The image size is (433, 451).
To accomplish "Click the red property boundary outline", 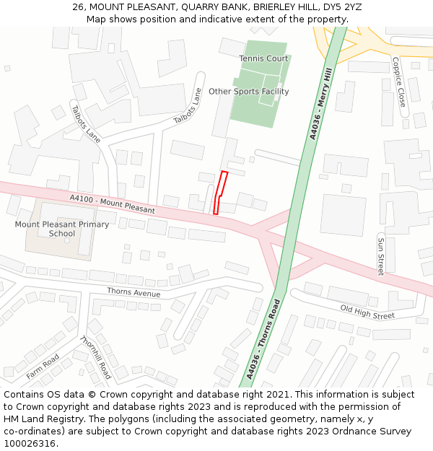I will pyautogui.click(x=220, y=193).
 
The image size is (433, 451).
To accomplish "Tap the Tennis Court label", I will pyautogui.click(x=263, y=58).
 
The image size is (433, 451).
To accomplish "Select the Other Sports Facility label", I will pyautogui.click(x=248, y=92).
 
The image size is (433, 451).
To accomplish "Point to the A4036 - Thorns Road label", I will pyautogui.click(x=262, y=338).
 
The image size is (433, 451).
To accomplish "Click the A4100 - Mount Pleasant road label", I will pyautogui.click(x=112, y=204).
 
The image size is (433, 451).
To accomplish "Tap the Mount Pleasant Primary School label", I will pyautogui.click(x=62, y=229).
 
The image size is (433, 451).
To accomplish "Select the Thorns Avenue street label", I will pyautogui.click(x=134, y=293).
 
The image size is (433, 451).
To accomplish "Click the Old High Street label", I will pyautogui.click(x=367, y=312).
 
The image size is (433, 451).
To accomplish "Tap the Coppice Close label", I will pyautogui.click(x=398, y=82).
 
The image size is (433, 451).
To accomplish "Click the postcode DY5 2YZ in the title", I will pyautogui.click(x=342, y=7).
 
